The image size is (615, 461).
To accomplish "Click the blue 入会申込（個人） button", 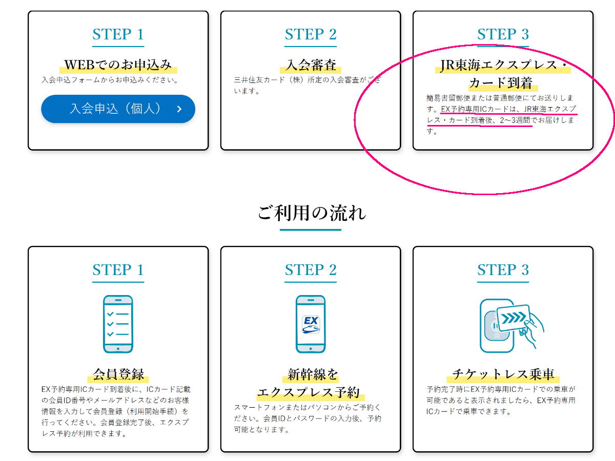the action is click(x=118, y=109).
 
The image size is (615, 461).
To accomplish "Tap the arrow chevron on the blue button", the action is click(x=179, y=109).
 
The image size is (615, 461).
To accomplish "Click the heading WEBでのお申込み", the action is click(x=118, y=65).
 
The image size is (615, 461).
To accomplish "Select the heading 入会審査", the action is click(x=311, y=65).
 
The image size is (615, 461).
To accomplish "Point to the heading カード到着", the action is click(x=501, y=83).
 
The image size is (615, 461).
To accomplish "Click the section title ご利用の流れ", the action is click(x=312, y=213).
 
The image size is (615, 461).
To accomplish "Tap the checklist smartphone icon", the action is click(x=118, y=324).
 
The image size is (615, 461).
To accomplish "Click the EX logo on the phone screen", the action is click(x=311, y=324).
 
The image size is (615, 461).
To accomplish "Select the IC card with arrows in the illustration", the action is click(x=514, y=318).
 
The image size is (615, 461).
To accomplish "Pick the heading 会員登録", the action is click(x=118, y=374).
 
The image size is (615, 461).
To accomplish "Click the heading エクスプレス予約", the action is click(x=308, y=392).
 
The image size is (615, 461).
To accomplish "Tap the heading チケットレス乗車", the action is click(x=503, y=374).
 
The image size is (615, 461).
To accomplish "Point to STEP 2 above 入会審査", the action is click(x=311, y=34).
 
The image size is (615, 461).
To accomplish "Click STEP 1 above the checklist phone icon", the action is click(x=118, y=269).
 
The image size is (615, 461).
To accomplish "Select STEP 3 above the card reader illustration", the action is click(x=503, y=269).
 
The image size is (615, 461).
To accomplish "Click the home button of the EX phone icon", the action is click(x=311, y=349).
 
